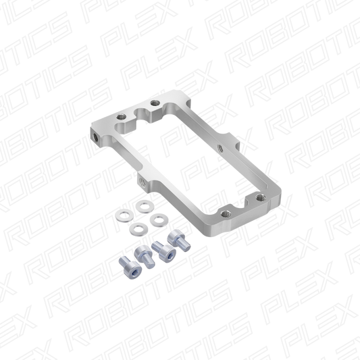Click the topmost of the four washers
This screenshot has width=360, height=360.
(145, 206)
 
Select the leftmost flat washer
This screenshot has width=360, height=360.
(125, 215)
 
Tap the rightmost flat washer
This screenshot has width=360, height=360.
(159, 220)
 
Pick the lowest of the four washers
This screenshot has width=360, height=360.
(138, 229)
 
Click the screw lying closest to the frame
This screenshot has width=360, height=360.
(179, 240)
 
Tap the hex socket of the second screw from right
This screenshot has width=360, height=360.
(168, 251)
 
